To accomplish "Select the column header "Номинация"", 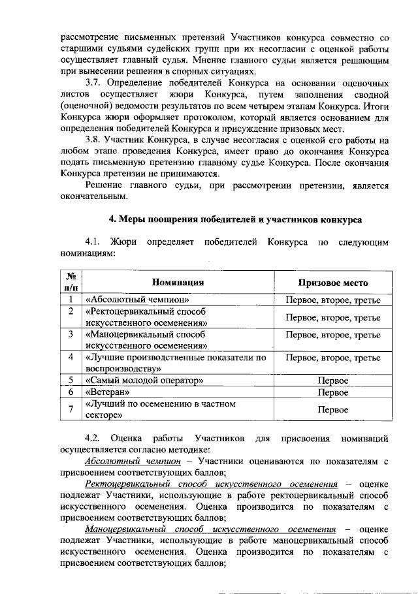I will (178, 283).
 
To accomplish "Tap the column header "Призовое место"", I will (333, 283).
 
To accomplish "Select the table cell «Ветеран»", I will (108, 393).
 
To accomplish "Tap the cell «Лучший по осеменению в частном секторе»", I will (160, 409).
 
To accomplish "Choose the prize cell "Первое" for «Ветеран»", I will (333, 393).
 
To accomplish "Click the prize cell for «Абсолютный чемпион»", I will (333, 300).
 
